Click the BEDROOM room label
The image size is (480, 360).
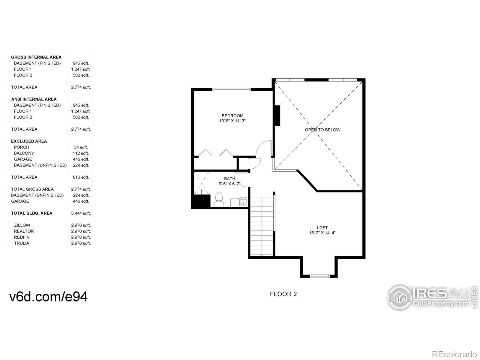tap(232, 116)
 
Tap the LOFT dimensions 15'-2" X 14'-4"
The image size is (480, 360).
tap(322, 233)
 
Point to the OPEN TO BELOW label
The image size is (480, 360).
tap(322, 130)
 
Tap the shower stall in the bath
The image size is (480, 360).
tap(202, 183)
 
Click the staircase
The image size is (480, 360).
tap(262, 226)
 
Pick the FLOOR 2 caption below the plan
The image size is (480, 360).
tap(283, 294)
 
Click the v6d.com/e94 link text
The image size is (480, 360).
tap(49, 297)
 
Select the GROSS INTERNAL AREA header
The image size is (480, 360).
tap(36, 57)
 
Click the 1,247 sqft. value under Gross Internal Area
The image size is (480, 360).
tap(81, 69)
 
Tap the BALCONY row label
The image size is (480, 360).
tap(24, 153)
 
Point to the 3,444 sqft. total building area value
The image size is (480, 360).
tap(81, 213)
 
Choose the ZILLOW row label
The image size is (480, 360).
tap(22, 225)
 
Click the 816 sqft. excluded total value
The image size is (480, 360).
tap(81, 177)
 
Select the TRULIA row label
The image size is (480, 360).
tap(22, 243)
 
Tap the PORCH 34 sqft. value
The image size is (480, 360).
tap(81, 147)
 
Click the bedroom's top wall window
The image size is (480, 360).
tap(231, 89)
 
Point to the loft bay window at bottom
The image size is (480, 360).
tap(319, 276)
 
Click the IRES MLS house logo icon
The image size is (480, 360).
tap(400, 297)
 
